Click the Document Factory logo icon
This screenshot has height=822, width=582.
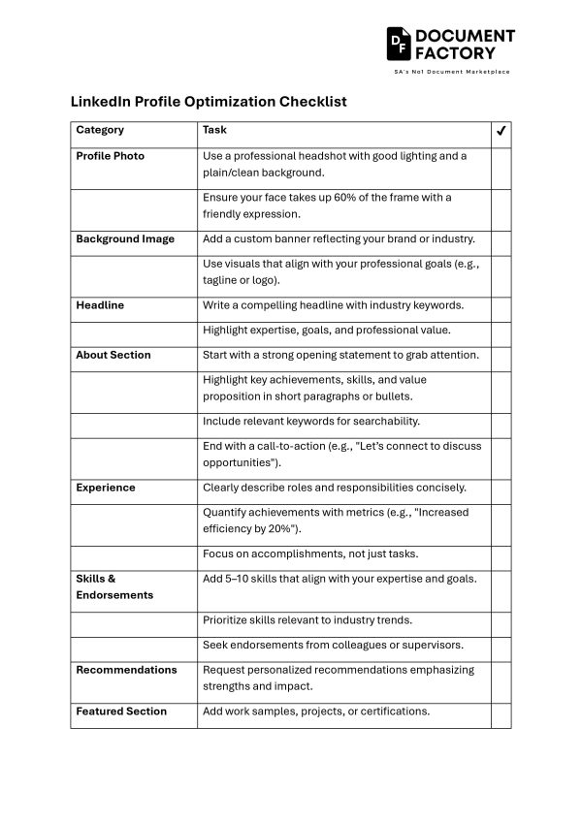pyautogui.click(x=399, y=44)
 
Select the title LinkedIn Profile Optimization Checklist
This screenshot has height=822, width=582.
pyautogui.click(x=209, y=101)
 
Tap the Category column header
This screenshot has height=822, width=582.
pyautogui.click(x=100, y=130)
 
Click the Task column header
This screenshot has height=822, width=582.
pyautogui.click(x=214, y=130)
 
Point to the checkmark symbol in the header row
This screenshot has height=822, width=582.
pyautogui.click(x=501, y=131)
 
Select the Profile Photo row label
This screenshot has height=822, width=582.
pyautogui.click(x=110, y=156)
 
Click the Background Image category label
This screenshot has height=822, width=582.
pyautogui.click(x=125, y=238)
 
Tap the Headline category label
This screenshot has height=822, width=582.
pyautogui.click(x=100, y=305)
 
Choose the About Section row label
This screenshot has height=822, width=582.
pyautogui.click(x=113, y=355)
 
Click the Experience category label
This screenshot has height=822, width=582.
pyautogui.click(x=106, y=488)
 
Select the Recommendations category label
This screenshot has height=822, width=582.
pyautogui.click(x=126, y=670)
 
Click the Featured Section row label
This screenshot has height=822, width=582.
pyautogui.click(x=121, y=711)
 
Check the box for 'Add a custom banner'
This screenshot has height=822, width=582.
pyautogui.click(x=501, y=238)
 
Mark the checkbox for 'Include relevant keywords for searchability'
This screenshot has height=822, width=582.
pyautogui.click(x=501, y=422)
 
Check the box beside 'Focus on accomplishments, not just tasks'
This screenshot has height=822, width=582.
pyautogui.click(x=501, y=554)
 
